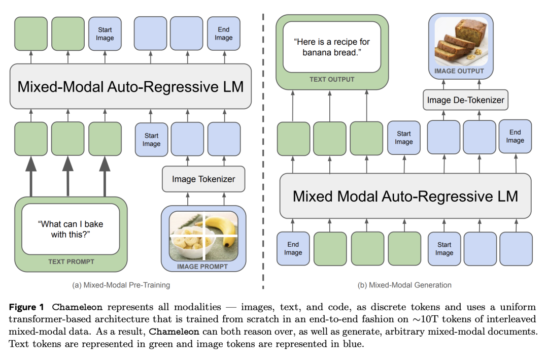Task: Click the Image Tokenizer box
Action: pyautogui.click(x=203, y=179)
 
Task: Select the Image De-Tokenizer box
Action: pyautogui.click(x=465, y=100)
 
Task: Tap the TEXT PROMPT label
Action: pyautogui.click(x=71, y=262)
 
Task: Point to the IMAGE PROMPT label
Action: pyautogui.click(x=202, y=266)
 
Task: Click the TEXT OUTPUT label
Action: pyautogui.click(x=332, y=79)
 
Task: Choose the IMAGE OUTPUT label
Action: pyautogui.click(x=459, y=71)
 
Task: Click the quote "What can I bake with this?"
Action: pyautogui.click(x=72, y=228)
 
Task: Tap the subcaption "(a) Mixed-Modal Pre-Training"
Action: pyautogui.click(x=121, y=285)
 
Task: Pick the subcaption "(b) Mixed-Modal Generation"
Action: pyautogui.click(x=404, y=285)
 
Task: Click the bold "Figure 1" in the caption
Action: pyautogui.click(x=28, y=307)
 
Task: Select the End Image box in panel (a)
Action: pyautogui.click(x=224, y=34)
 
